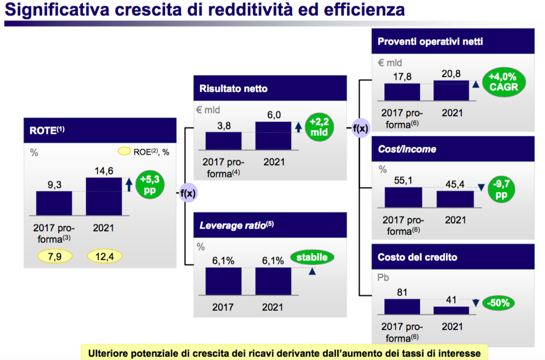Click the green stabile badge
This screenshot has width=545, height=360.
coord(312,257)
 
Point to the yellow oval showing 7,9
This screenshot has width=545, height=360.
coord(55,256)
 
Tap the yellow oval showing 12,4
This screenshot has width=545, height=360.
coord(104,256)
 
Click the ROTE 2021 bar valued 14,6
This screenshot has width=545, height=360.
coord(104,196)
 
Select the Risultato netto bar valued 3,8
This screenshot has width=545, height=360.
coord(223,140)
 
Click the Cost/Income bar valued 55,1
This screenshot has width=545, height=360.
coord(403,197)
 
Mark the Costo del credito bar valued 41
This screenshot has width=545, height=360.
coord(451,310)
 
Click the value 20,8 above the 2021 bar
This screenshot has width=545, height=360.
coord(451,74)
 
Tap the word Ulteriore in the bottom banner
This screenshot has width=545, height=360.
coord(108,353)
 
